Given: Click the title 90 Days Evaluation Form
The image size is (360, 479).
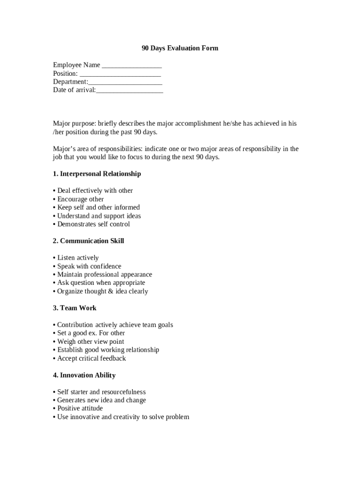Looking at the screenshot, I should [x=180, y=48].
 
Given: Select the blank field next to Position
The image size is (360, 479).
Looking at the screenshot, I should [x=120, y=74].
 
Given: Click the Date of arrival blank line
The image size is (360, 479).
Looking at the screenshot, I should [x=130, y=91].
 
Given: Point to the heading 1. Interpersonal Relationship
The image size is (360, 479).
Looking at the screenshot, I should [x=97, y=174].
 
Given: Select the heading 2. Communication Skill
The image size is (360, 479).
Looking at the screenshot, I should [x=88, y=241].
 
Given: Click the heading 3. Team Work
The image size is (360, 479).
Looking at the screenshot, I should [x=75, y=308].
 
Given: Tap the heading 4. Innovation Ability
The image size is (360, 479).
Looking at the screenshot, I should [x=84, y=375].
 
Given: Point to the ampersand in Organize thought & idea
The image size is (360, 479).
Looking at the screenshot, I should [x=111, y=291].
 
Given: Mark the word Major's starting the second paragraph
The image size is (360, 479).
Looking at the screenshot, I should [x=64, y=149].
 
